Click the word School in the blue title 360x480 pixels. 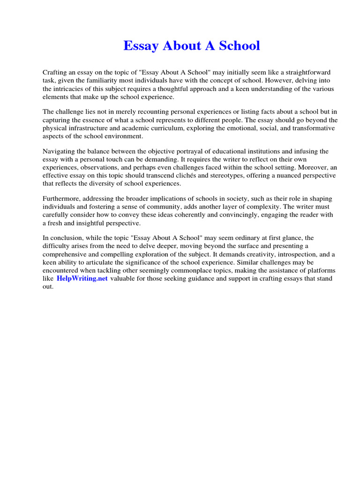tap(238, 46)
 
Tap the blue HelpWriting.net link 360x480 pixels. tap(82, 278)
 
